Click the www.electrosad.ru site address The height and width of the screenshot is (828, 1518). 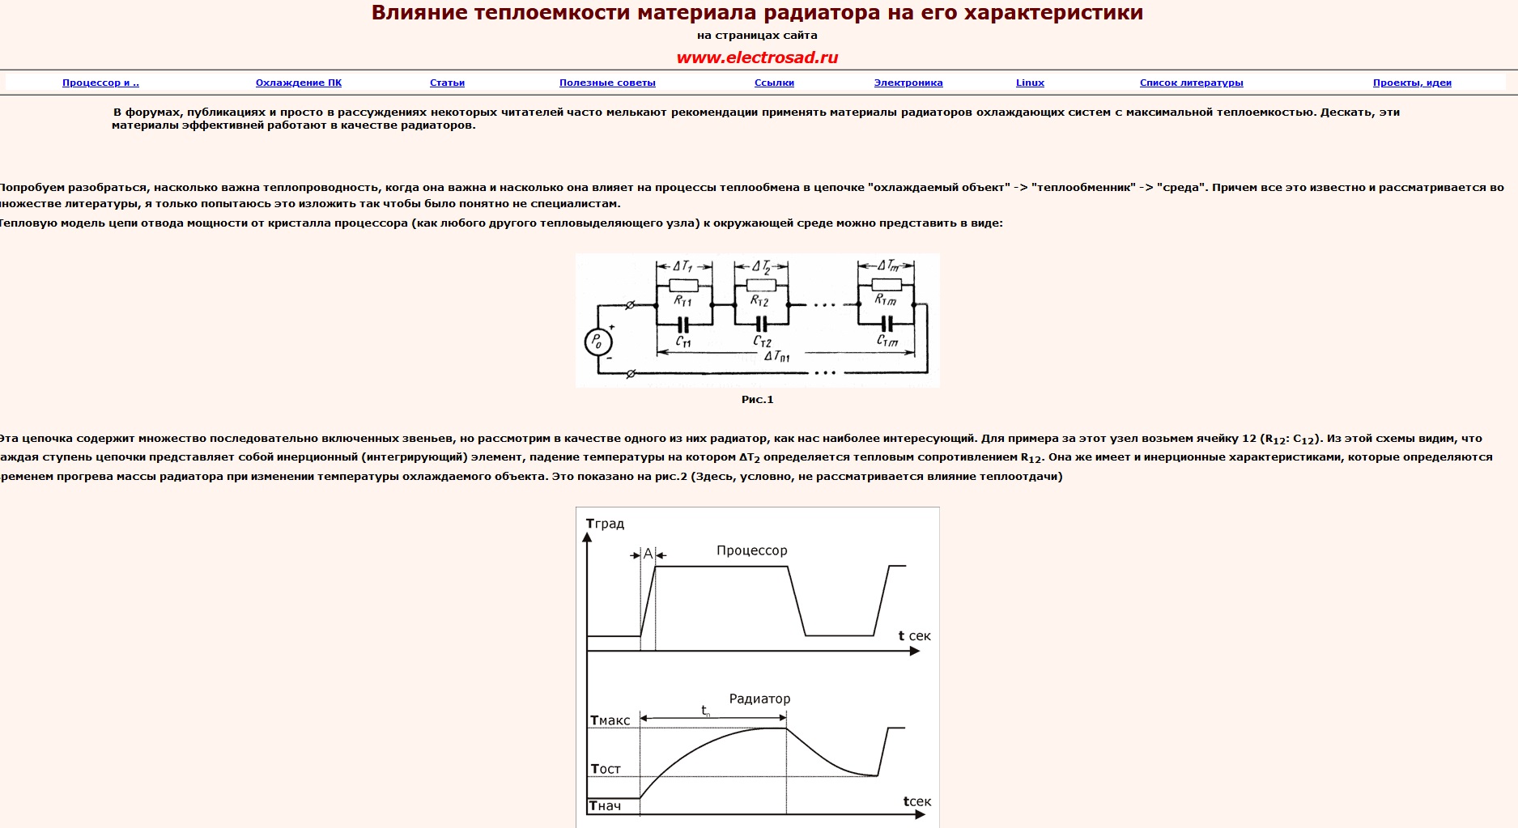(x=757, y=57)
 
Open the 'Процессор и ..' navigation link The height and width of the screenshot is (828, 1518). (x=100, y=83)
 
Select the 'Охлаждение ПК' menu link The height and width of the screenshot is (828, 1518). (x=299, y=83)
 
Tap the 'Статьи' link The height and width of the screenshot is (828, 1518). (x=447, y=83)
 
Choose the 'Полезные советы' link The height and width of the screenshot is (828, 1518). (x=607, y=83)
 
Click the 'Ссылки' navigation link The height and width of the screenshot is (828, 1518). (x=774, y=83)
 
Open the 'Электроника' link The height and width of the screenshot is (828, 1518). (x=908, y=83)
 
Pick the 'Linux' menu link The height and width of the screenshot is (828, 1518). (x=1030, y=83)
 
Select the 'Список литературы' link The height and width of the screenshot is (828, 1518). (x=1191, y=83)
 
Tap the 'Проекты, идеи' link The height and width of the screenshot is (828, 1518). (x=1412, y=83)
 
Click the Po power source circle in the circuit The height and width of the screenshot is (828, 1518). (x=597, y=342)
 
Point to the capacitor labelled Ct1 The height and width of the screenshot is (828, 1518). (x=683, y=325)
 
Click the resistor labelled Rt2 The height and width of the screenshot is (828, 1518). (x=761, y=285)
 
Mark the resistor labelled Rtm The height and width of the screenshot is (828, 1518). (x=887, y=284)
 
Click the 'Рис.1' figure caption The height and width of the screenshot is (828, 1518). (x=757, y=399)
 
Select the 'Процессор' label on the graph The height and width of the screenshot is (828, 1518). (x=751, y=550)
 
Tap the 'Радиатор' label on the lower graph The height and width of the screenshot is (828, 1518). (x=759, y=698)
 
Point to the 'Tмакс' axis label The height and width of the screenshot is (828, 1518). (x=610, y=720)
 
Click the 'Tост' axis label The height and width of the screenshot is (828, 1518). (x=606, y=769)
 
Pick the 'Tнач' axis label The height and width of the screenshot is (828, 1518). (x=605, y=805)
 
